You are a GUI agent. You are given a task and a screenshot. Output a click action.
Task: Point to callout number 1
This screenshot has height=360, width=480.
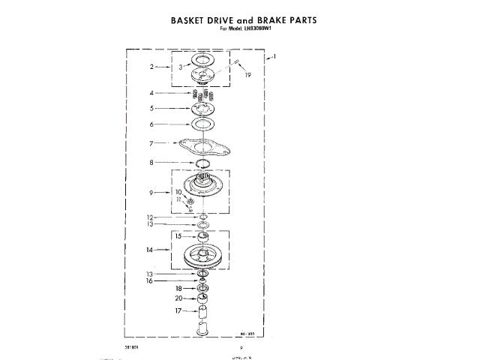pos(276,57)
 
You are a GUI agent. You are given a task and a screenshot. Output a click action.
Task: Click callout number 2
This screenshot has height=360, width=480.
pos(151,67)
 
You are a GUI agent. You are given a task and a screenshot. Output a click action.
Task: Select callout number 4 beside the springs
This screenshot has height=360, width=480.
pos(151,94)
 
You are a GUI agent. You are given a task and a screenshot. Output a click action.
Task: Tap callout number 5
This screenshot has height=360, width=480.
pos(151,109)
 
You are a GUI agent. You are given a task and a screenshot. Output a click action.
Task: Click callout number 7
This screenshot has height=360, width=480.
pos(151,142)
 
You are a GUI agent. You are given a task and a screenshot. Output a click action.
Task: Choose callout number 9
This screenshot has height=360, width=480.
pos(151,193)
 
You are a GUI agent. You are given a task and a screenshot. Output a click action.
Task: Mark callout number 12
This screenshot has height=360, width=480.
pos(150,217)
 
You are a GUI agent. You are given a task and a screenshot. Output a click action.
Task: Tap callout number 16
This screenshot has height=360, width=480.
pos(149,281)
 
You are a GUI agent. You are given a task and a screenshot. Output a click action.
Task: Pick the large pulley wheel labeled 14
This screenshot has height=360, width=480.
pos(202,257)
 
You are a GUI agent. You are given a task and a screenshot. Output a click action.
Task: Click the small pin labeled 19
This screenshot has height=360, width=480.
pos(235,63)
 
